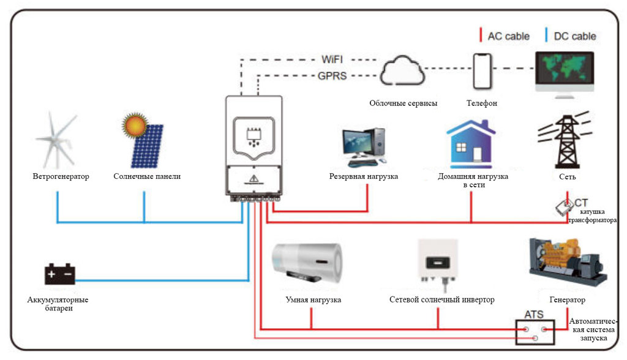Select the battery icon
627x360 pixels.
pos(59,274)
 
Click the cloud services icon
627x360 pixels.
pos(402,73)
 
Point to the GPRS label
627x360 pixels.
pos(332,76)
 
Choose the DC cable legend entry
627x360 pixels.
pos(571,36)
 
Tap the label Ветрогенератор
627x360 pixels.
pos(61,177)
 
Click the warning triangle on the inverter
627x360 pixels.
pos(253,179)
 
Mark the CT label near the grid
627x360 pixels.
pos(581,202)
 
